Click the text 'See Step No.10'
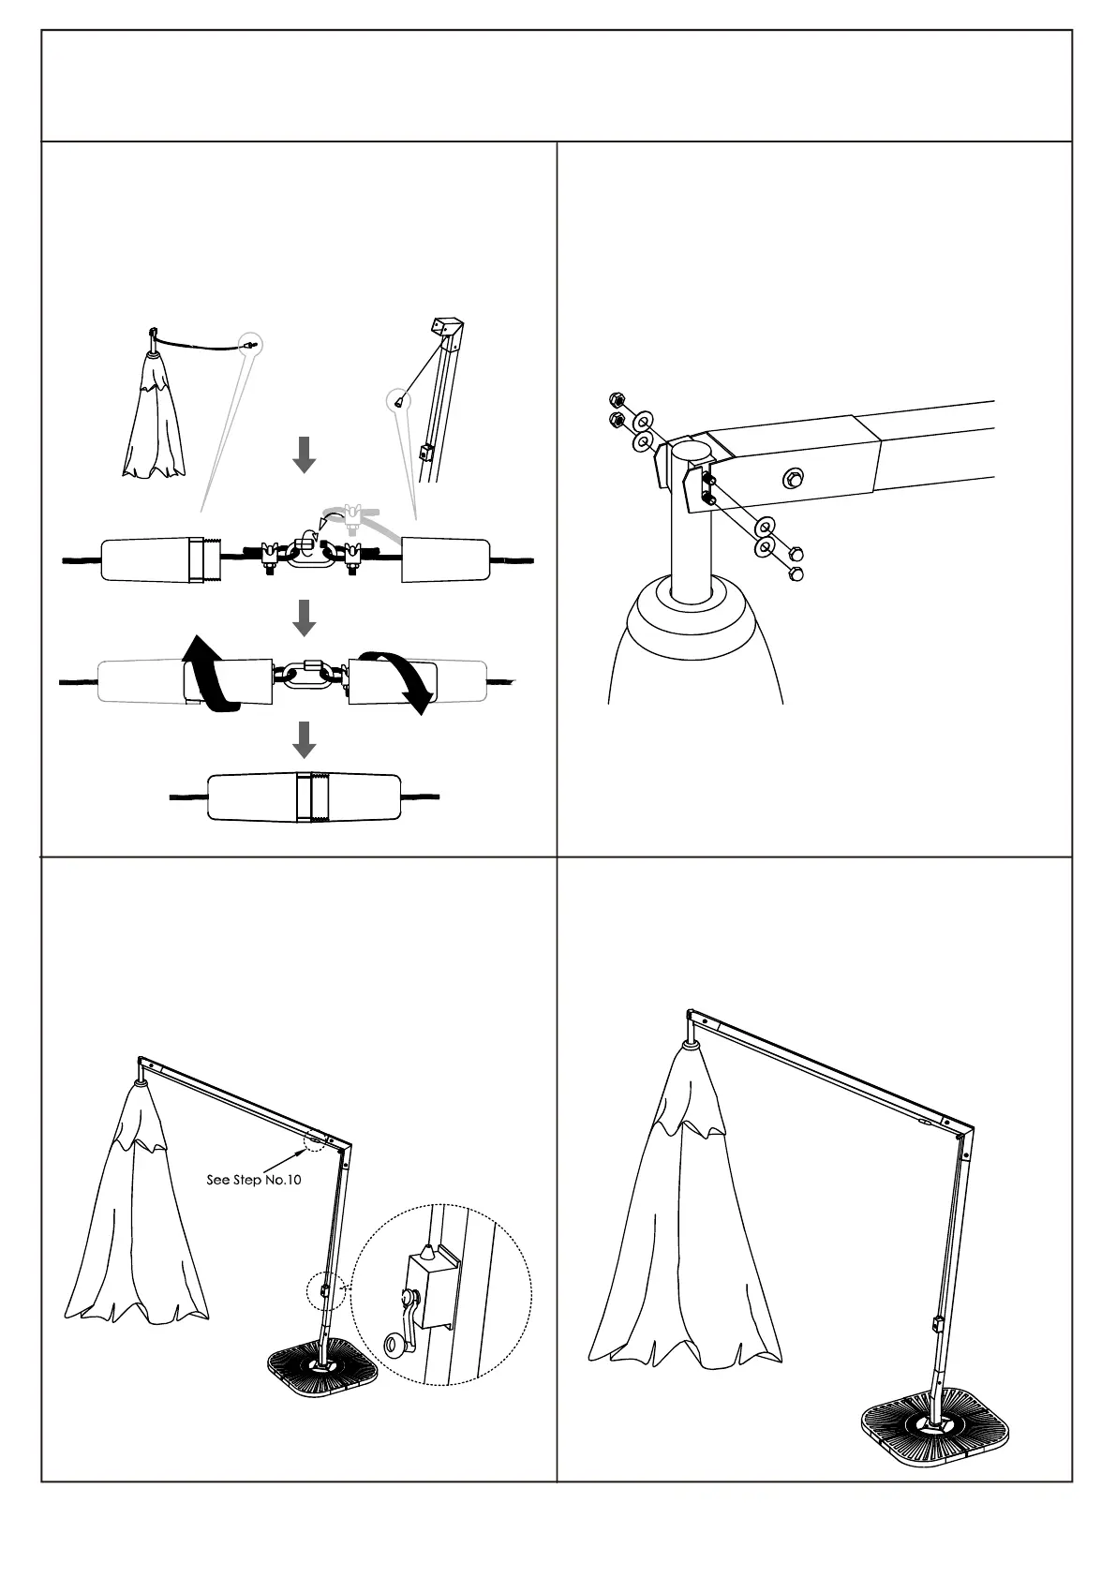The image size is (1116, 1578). pos(254,1179)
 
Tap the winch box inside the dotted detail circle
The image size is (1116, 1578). pos(430,1288)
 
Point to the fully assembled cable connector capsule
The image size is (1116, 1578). pos(305,797)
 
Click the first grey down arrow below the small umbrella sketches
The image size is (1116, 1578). pos(305,455)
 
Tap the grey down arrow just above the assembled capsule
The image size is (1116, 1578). pos(305,739)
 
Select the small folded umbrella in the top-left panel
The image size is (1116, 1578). pos(155,415)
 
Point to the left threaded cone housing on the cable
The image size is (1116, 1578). pos(161,560)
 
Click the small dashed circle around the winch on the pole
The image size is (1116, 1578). pos(326,1292)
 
